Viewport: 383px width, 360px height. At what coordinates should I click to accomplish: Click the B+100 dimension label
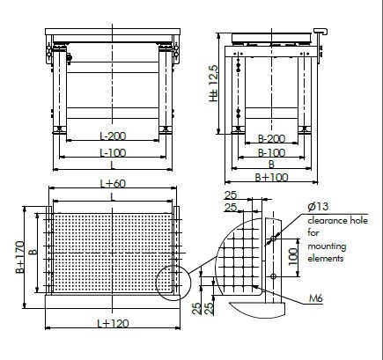[272, 177]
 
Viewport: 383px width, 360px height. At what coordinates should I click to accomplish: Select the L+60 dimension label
[112, 184]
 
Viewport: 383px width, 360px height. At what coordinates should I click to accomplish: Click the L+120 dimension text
[112, 324]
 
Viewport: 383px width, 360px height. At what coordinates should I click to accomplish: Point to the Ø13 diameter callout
[320, 206]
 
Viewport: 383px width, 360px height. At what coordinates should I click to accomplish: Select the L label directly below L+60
[112, 198]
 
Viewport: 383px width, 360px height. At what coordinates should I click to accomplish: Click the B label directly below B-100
[271, 165]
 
